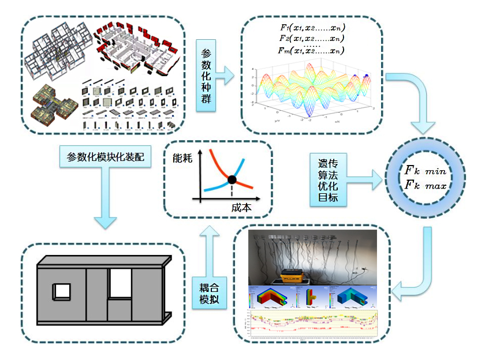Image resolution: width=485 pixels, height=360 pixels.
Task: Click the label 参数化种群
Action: pyautogui.click(x=206, y=76)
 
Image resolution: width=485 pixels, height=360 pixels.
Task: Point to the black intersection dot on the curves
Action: pyautogui.click(x=232, y=179)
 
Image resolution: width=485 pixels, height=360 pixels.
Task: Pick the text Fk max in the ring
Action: pyautogui.click(x=426, y=186)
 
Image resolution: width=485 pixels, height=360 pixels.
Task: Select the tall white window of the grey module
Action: pyautogui.click(x=121, y=283)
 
